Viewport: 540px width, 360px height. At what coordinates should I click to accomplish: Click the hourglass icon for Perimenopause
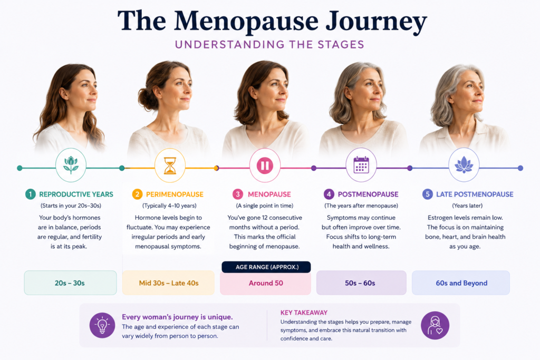click(170, 166)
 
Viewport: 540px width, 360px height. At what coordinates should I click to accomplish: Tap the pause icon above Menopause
click(265, 166)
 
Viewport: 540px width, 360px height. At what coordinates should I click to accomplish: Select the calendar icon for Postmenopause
click(361, 164)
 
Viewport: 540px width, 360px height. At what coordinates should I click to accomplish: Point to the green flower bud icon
click(71, 164)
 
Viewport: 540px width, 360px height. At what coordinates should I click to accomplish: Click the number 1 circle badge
click(30, 194)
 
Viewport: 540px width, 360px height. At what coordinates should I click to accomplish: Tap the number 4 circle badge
click(329, 194)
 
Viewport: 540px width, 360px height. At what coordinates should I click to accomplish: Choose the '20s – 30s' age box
click(70, 283)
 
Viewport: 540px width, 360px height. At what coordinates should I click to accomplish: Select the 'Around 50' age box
click(266, 283)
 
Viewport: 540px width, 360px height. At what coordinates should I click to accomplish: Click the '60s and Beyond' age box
click(461, 283)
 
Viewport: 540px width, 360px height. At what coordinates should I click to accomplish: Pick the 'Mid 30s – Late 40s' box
click(168, 283)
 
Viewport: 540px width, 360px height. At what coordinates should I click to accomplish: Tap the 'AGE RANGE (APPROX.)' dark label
click(266, 267)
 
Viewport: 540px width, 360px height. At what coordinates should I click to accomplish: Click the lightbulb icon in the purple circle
click(102, 325)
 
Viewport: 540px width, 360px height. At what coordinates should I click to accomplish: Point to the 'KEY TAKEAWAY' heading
click(304, 313)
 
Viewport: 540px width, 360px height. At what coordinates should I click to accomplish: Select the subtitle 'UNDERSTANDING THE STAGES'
click(269, 44)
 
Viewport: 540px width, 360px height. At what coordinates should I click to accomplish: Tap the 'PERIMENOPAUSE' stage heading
click(175, 194)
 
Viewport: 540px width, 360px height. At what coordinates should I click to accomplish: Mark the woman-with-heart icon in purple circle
click(435, 325)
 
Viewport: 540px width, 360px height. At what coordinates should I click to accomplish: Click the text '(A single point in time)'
click(265, 206)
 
